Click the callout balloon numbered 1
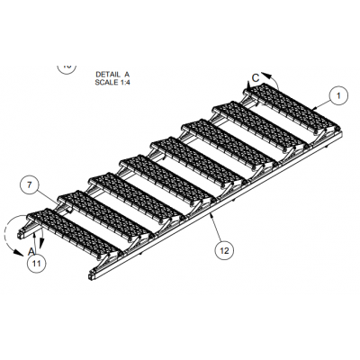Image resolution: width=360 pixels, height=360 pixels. click(338, 95)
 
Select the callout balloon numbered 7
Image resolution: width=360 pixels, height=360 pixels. click(29, 185)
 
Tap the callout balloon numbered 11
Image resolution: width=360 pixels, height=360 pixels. click(36, 264)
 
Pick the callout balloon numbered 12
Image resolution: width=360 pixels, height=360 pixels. click(224, 250)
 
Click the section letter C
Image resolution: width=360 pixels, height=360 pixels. click(256, 78)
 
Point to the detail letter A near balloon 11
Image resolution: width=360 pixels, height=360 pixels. click(31, 251)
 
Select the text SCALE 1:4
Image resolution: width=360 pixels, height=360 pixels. click(112, 82)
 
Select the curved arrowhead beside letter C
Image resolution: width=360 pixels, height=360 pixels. click(265, 75)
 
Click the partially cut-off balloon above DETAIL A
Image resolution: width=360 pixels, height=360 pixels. click(67, 68)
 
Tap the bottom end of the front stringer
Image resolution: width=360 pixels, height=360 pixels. click(91, 275)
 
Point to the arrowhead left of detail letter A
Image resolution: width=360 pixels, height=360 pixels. click(19, 254)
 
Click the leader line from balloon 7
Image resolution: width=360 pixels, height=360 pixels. click(48, 197)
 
